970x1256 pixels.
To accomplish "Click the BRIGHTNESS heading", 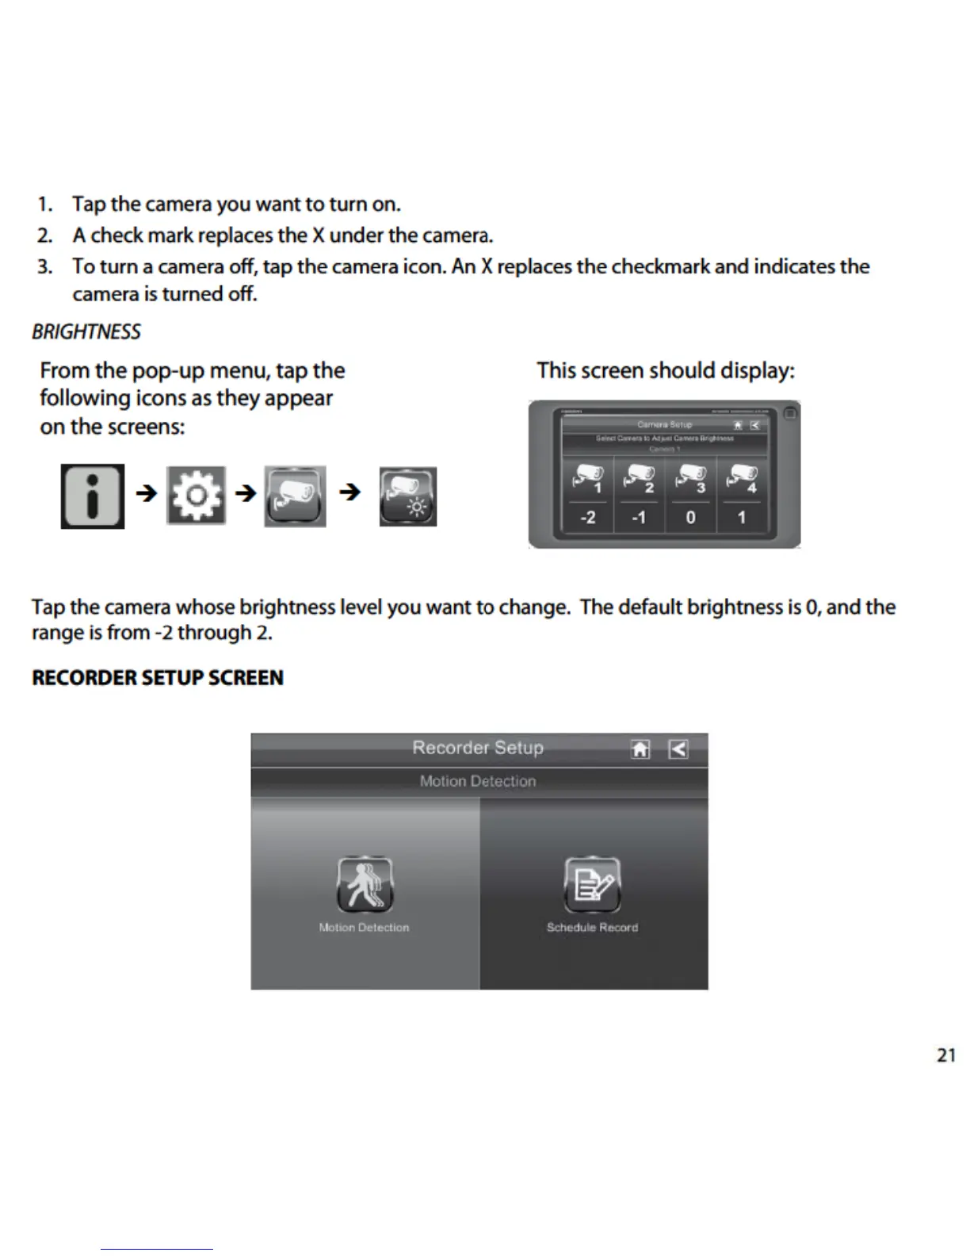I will pyautogui.click(x=86, y=331).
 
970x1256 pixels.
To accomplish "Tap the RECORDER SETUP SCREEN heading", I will pyautogui.click(x=158, y=678).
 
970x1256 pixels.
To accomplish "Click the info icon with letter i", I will pyautogui.click(x=93, y=496).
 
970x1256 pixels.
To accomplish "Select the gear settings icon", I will pyautogui.click(x=196, y=496).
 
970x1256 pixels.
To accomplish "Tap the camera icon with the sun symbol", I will pyautogui.click(x=408, y=496).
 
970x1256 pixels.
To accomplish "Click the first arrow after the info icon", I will pyautogui.click(x=147, y=493).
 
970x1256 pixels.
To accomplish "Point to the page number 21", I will pyautogui.click(x=945, y=1055).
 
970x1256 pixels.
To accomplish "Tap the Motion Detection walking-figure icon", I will pyautogui.click(x=365, y=884).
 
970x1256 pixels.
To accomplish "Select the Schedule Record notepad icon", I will pyautogui.click(x=592, y=884).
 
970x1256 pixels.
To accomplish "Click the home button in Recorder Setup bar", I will pyautogui.click(x=640, y=749).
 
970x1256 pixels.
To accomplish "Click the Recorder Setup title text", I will pyautogui.click(x=478, y=748).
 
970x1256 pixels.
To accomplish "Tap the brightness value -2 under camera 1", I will pyautogui.click(x=587, y=518).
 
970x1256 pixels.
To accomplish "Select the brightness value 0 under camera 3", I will pyautogui.click(x=690, y=518).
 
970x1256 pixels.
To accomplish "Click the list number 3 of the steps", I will pyautogui.click(x=44, y=266).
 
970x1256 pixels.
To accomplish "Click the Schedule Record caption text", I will pyautogui.click(x=592, y=928).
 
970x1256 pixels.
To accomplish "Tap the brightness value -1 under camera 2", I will pyautogui.click(x=639, y=518).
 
